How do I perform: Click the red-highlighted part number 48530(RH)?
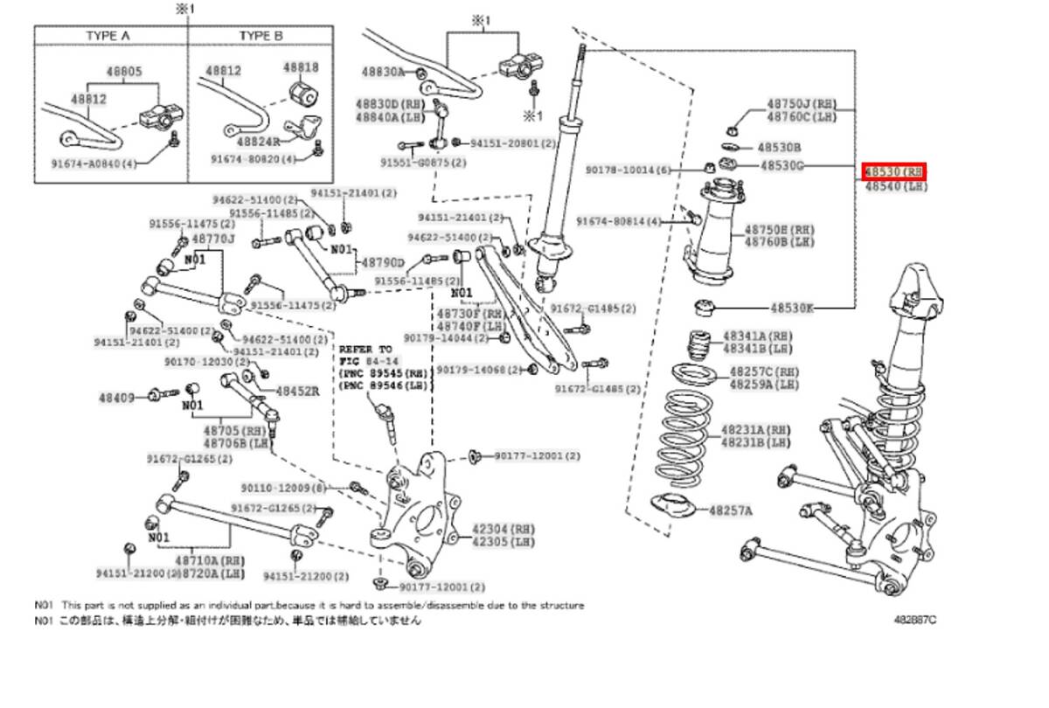(x=894, y=170)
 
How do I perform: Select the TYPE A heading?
(x=108, y=36)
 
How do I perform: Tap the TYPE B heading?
(x=261, y=36)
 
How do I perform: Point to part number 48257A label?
(x=731, y=509)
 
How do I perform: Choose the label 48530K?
(x=791, y=308)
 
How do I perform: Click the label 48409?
(x=115, y=398)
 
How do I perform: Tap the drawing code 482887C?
(x=914, y=619)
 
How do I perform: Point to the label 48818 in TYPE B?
(x=300, y=67)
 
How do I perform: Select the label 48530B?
(x=780, y=148)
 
